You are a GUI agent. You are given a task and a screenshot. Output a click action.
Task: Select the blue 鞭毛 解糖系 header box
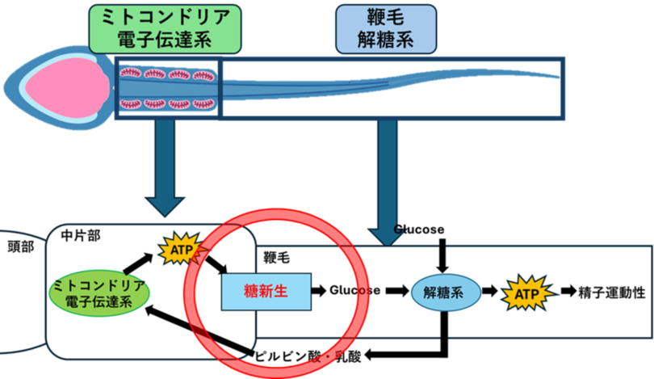pyautogui.click(x=385, y=27)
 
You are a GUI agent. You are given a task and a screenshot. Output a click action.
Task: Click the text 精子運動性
pyautogui.click(x=612, y=292)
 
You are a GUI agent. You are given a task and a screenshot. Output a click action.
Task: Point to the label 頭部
pyautogui.click(x=19, y=247)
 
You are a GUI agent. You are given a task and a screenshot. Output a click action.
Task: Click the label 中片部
pyautogui.click(x=81, y=236)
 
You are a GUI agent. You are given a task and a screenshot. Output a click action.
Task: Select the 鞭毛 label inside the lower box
pyautogui.click(x=277, y=258)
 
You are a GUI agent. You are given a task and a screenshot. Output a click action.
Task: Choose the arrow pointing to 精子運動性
pyautogui.click(x=568, y=291)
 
